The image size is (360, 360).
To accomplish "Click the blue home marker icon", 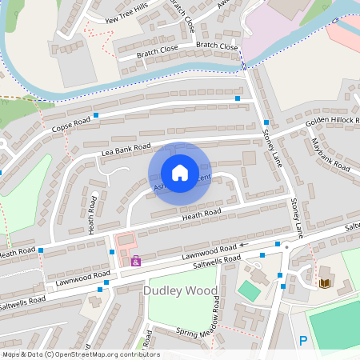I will [180, 172].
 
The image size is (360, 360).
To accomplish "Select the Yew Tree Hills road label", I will [119, 16].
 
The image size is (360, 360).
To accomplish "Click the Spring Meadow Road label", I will [215, 314].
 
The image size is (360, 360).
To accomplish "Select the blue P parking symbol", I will [303, 341].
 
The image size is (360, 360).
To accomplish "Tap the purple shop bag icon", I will [136, 260].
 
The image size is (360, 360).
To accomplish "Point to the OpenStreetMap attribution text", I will [81, 354].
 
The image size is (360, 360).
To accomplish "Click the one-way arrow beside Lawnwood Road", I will [243, 245].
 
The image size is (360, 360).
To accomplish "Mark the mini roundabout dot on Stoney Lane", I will [286, 246].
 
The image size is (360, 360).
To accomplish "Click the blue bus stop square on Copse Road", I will [96, 116].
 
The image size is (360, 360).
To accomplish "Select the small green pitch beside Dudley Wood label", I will [249, 291].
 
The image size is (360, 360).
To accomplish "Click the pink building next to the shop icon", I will [126, 241].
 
